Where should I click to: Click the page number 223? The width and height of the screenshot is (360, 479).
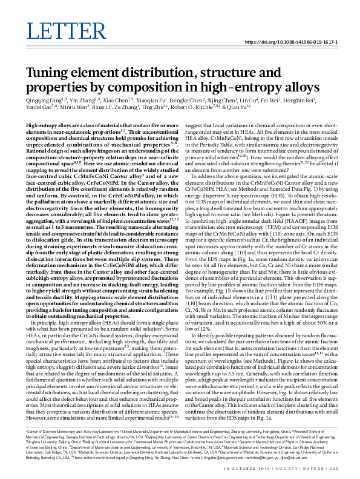(329, 470)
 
